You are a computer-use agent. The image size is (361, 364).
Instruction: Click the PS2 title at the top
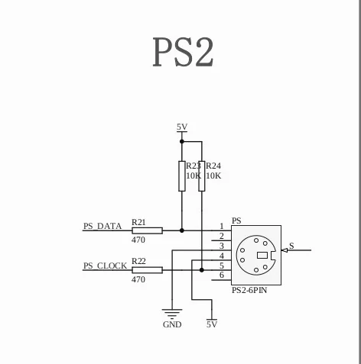point(183,52)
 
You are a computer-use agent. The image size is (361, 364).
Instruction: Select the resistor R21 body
point(147,230)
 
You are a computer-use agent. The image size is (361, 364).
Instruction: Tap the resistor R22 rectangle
point(147,270)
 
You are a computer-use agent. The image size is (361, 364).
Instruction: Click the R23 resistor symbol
point(182,176)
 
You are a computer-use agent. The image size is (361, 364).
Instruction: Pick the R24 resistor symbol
point(202,176)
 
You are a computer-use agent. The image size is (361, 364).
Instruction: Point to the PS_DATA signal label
point(102,226)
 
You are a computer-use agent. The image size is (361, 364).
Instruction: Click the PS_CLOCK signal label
point(105,266)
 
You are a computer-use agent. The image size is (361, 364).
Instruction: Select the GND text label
point(172,324)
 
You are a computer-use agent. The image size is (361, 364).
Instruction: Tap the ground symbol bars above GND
point(172,314)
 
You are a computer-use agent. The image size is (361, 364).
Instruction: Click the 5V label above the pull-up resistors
point(182,127)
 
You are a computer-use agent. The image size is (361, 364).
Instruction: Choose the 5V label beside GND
point(212,324)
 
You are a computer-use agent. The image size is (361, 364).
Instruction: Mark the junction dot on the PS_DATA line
point(182,230)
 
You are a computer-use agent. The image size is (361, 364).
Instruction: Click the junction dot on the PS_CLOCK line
point(202,270)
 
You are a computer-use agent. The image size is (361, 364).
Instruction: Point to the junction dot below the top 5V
point(182,141)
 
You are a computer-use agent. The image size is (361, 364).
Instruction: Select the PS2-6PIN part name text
point(249,290)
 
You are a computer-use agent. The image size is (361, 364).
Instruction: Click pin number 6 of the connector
point(222,275)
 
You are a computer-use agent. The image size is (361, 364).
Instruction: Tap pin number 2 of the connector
point(222,236)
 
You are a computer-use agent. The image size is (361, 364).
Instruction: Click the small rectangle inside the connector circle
point(262,255)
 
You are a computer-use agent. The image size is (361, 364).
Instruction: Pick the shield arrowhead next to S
point(285,250)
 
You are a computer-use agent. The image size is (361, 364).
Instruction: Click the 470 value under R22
point(138,279)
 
